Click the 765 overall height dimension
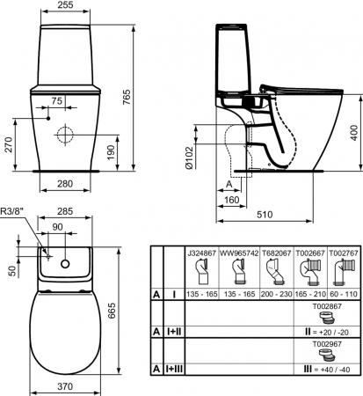pos(127,97)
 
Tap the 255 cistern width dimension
pos(65,5)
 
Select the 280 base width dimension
pos(65,184)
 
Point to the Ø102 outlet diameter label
pos(189,158)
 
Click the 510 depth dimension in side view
pos(265,215)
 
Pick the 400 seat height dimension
pos(354,133)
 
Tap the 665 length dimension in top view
pos(112,311)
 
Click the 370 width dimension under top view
pos(65,386)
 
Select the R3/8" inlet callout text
pos(11,211)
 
